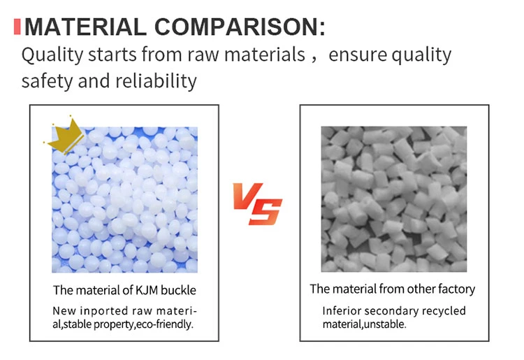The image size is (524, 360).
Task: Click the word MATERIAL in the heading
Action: pyautogui.click(x=85, y=27)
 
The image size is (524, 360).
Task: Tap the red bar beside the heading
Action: pyautogui.click(x=17, y=27)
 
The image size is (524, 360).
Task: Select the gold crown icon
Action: pyautogui.click(x=65, y=136)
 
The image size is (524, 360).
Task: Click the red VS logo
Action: pyautogui.click(x=258, y=203)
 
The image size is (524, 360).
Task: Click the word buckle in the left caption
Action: pyautogui.click(x=178, y=290)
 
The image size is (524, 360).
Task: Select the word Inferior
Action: pyautogui.click(x=342, y=311)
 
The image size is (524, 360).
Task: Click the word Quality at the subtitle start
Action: pyautogui.click(x=52, y=55)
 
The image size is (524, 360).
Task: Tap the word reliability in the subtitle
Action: pyautogui.click(x=156, y=81)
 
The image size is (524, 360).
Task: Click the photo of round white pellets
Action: pyautogui.click(x=124, y=199)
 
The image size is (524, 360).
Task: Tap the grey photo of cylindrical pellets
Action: pyautogui.click(x=394, y=199)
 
